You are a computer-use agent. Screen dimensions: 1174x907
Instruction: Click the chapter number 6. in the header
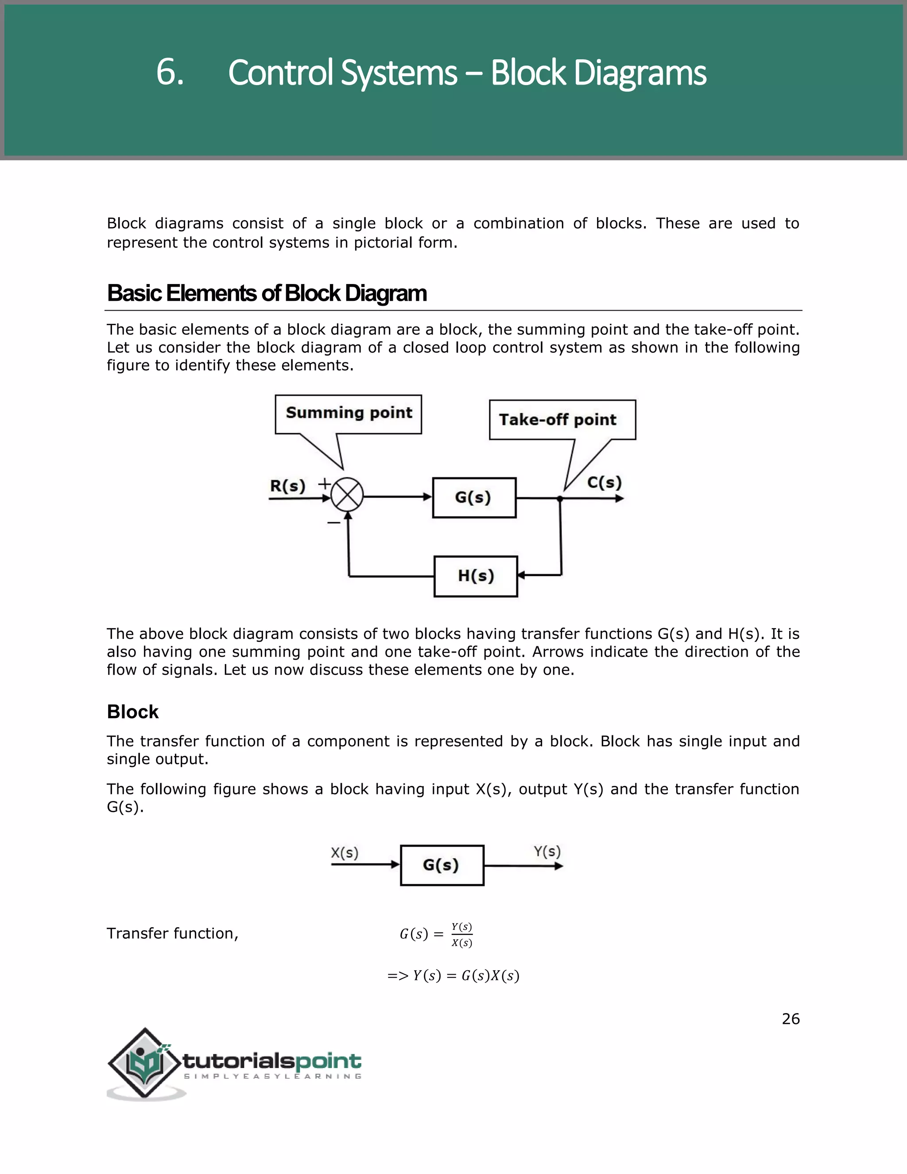[x=170, y=72]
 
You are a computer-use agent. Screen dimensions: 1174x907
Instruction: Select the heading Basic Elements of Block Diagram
[x=267, y=293]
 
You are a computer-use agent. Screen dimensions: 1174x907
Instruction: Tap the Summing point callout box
[x=348, y=414]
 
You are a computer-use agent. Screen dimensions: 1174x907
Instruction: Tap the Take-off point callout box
[x=562, y=420]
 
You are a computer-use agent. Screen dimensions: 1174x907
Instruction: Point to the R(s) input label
[x=287, y=486]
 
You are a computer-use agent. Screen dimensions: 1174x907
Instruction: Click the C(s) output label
[x=604, y=482]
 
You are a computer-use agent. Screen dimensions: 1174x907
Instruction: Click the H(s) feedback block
[x=476, y=576]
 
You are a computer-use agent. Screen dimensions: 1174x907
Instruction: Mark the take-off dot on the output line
[x=560, y=499]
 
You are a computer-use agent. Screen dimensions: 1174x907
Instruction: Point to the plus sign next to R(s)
[x=324, y=483]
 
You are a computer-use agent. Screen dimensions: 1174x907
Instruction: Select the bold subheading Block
[x=133, y=712]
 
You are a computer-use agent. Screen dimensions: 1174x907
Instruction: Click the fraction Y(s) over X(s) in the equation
[x=461, y=935]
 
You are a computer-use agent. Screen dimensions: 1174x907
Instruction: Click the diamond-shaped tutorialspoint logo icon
[x=144, y=1063]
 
